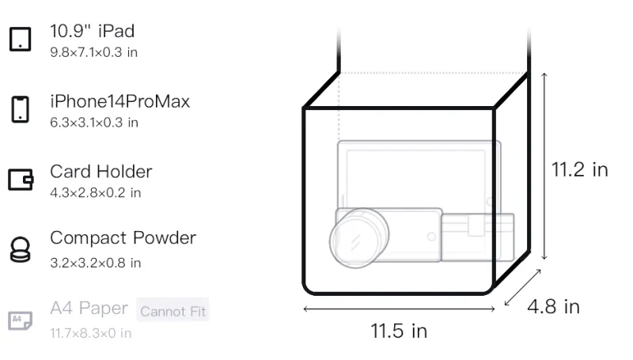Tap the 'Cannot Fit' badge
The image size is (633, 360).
pyautogui.click(x=172, y=311)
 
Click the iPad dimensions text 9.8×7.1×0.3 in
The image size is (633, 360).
pyautogui.click(x=93, y=52)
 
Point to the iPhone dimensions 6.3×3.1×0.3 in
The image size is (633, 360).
pyautogui.click(x=94, y=123)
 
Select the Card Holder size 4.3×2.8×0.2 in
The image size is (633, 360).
pyautogui.click(x=95, y=193)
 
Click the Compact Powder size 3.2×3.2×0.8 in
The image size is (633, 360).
pyautogui.click(x=95, y=263)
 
